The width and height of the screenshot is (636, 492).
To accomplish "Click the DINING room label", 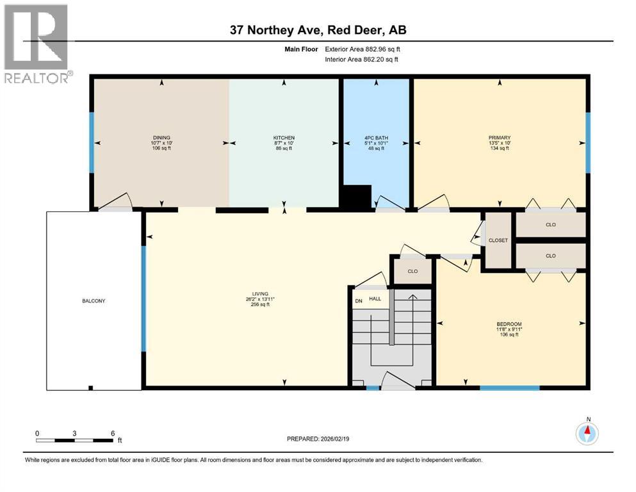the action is coord(161,138).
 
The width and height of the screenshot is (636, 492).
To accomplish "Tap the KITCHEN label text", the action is coord(284,138).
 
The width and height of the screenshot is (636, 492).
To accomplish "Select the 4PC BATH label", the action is coord(376,138).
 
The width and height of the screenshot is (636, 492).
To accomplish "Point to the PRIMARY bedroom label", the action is coord(500,138).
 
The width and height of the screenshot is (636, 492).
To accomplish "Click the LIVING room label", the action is coord(260,293).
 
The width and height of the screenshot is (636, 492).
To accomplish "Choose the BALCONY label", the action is coord(94,301).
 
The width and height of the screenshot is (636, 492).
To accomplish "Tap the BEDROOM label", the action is coord(509,324).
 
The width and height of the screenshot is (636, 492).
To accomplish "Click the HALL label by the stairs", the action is coord(375,299).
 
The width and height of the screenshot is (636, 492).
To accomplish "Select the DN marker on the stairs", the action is coord(359,301).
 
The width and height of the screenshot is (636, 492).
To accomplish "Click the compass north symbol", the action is coord(587,433).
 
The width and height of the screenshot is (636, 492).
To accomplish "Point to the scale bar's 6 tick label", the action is coord(113,433).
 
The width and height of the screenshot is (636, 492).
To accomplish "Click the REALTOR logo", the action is coord(37,44).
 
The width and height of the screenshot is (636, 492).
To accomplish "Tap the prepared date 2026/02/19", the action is coord(334,439).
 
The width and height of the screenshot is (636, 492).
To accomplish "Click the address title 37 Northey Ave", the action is coord(276,30).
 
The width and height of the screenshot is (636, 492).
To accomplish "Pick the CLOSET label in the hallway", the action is coord(498,240).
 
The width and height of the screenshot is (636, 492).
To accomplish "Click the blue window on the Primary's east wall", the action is coord(588,143).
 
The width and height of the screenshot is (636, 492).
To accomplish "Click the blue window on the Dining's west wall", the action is coord(92,143).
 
